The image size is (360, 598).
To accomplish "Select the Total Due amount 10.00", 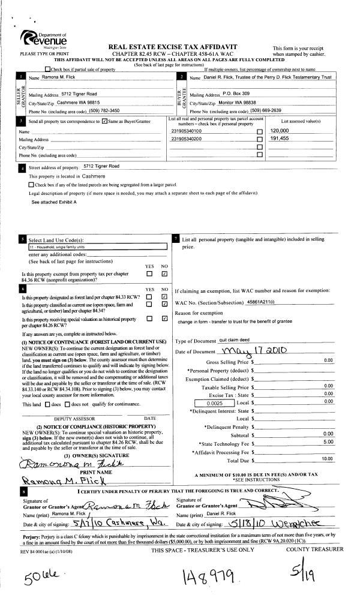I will (328, 459).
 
